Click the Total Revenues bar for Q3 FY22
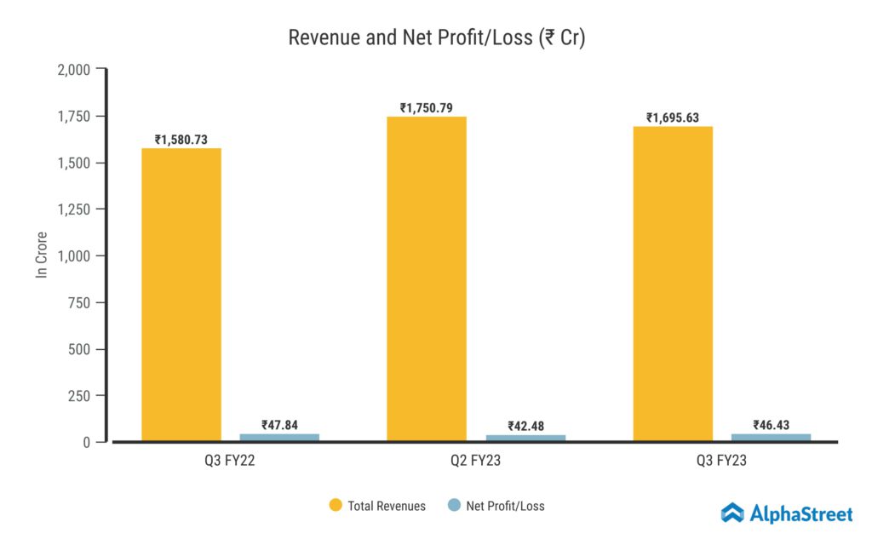pos(181,295)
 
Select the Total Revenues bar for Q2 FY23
pos(427,279)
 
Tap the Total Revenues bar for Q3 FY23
pos(673,284)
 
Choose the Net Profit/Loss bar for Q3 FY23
pos(771,438)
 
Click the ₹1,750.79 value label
pos(427,108)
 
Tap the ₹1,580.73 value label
pos(181,140)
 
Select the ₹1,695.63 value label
pos(673,118)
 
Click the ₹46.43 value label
pos(771,425)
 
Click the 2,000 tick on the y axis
pos(73,69)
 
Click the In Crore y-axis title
pos(41,255)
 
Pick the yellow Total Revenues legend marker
pos(336,506)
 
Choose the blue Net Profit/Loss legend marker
pos(454,506)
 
